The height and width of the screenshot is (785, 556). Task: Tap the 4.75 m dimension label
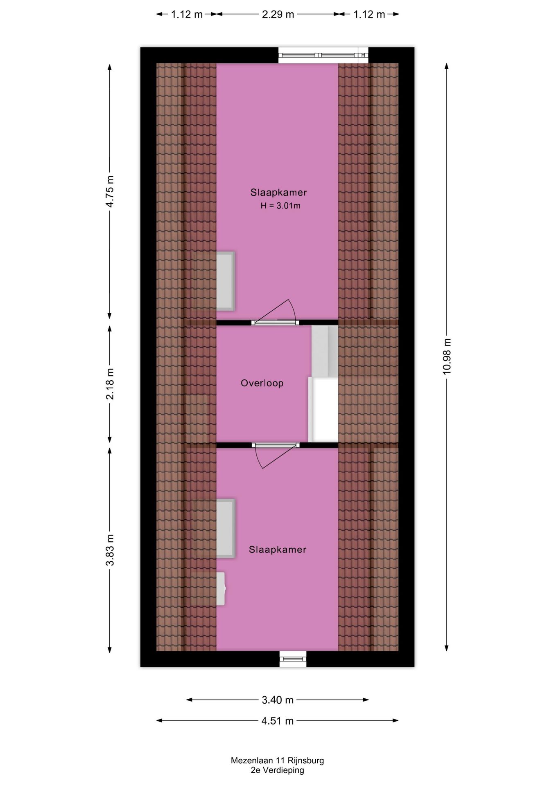(x=110, y=191)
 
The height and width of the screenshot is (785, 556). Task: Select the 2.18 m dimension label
(x=110, y=384)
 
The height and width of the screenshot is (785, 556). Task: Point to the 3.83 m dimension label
(x=110, y=551)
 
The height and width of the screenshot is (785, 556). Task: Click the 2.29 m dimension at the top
(x=278, y=14)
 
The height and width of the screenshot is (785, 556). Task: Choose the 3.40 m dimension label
(x=278, y=700)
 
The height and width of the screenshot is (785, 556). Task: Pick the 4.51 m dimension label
(x=278, y=721)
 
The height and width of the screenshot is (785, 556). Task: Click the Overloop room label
(x=262, y=383)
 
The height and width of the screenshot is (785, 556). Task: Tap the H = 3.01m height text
(x=280, y=206)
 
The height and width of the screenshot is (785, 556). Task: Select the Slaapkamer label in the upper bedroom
(x=278, y=192)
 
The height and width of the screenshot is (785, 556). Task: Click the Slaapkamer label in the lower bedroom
(x=278, y=549)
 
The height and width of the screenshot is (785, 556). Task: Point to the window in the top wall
(x=323, y=55)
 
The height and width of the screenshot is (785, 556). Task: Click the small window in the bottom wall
(x=293, y=659)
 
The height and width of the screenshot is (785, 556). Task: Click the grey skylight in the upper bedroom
(x=225, y=280)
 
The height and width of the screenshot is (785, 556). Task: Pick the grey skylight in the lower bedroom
(x=225, y=528)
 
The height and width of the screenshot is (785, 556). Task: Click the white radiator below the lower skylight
(x=221, y=589)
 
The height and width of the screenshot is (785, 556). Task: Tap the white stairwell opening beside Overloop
(x=323, y=409)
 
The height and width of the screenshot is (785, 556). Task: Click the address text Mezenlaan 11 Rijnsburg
(x=277, y=761)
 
